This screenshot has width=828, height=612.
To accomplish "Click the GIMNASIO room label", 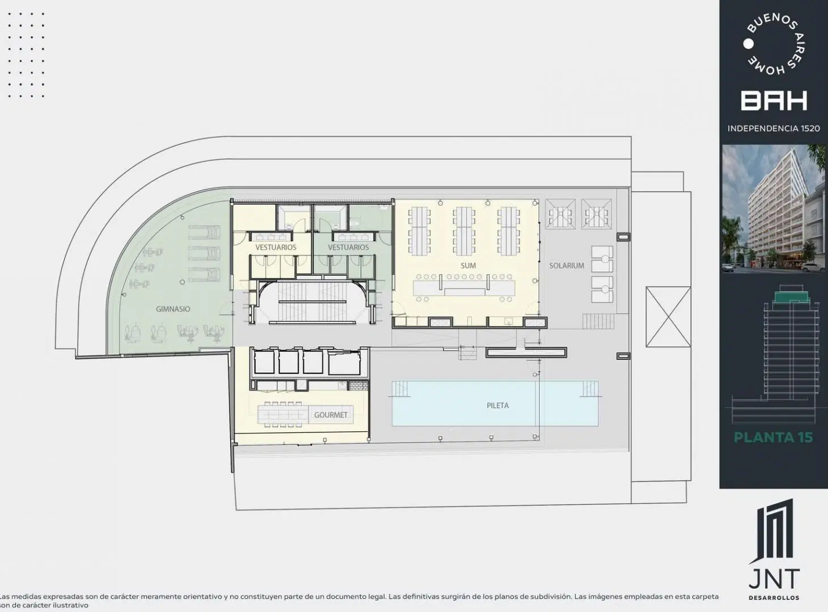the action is (173, 309).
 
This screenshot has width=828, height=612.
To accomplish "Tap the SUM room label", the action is (468, 266).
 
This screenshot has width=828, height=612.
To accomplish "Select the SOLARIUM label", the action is (566, 266).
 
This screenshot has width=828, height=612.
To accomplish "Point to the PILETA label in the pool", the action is (498, 405).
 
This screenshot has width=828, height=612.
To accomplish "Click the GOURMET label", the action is (331, 414).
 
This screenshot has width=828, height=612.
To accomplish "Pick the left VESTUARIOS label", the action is (276, 247).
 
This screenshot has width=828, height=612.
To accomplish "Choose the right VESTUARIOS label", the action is (349, 247).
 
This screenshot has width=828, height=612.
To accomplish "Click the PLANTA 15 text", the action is (774, 437).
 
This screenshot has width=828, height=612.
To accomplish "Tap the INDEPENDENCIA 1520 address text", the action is (774, 129).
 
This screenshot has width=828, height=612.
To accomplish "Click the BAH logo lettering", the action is (774, 101).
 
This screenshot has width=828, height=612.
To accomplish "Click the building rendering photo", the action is (774, 209).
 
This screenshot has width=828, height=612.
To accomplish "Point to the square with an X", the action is (668, 317).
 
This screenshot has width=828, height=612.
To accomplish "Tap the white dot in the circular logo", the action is (748, 44).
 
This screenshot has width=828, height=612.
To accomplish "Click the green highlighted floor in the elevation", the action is (792, 297).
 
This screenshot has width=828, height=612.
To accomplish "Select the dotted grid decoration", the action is (26, 55).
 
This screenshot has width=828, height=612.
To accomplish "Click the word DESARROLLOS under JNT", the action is (774, 597).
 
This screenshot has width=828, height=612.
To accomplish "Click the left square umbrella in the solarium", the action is (561, 214).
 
